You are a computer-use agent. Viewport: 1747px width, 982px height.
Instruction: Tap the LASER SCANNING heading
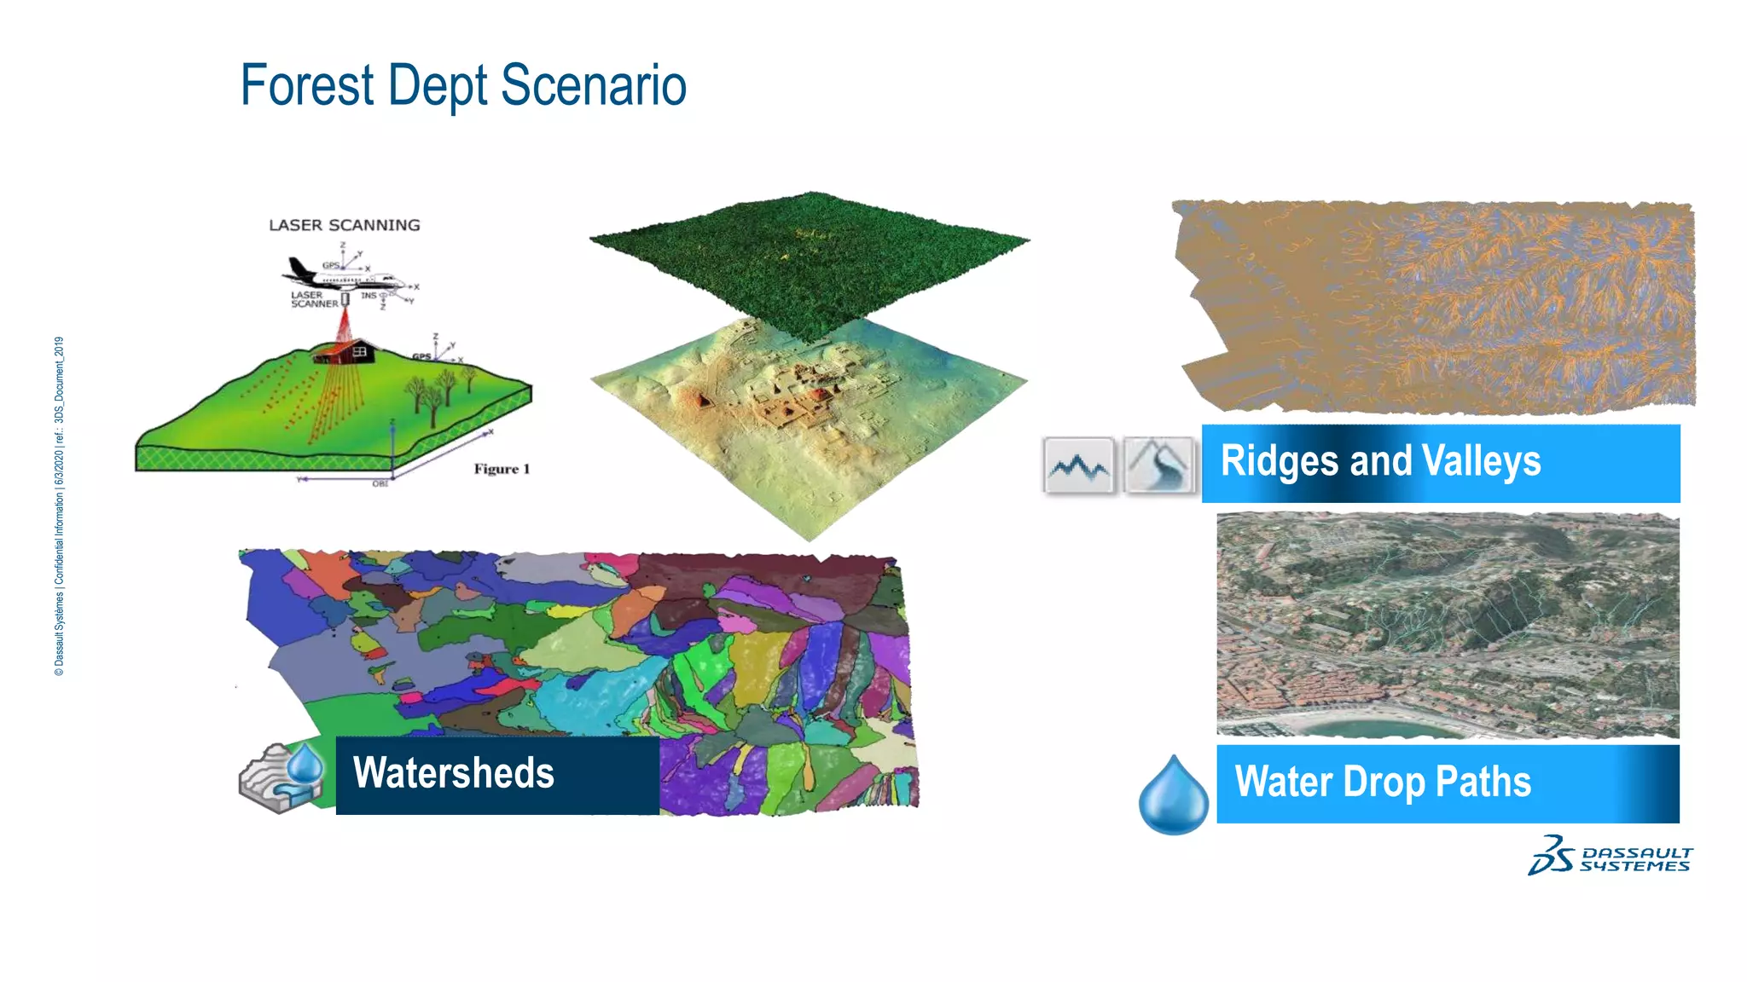pos(345,225)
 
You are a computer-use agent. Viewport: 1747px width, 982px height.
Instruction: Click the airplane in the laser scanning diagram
pos(341,275)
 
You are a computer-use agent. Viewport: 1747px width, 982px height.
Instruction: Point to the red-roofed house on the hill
pos(346,350)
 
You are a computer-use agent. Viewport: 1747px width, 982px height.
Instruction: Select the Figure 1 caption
pos(502,469)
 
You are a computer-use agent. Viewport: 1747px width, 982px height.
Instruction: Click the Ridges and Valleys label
pos(1380,462)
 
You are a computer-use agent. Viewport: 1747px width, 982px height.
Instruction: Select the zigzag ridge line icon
pos(1079,465)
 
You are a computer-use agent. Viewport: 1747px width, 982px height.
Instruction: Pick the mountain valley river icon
pos(1158,465)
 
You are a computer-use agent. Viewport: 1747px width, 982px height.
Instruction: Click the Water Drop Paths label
pos(1383,783)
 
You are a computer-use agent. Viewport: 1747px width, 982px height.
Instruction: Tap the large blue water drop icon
pos(1174,794)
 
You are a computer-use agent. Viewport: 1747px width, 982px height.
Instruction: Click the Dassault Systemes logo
pos(1610,856)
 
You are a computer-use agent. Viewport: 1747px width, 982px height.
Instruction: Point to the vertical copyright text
pos(59,506)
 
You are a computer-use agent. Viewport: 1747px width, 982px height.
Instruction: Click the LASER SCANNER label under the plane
pos(313,299)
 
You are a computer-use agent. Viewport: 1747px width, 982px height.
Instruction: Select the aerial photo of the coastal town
pos(1448,625)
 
